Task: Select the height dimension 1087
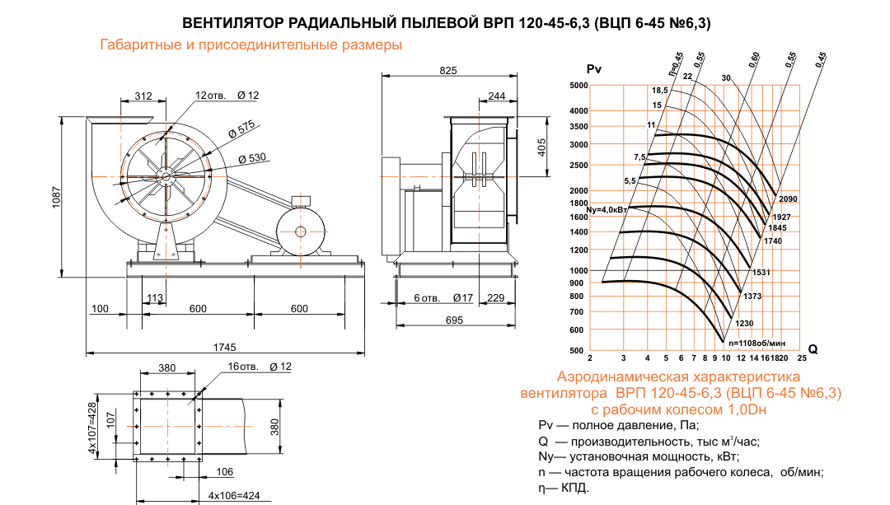click(x=57, y=197)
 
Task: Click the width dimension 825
click(x=447, y=71)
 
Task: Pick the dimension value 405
click(x=541, y=147)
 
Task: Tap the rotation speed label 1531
click(x=761, y=272)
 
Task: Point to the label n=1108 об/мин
click(x=756, y=342)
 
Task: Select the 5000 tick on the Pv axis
click(x=577, y=86)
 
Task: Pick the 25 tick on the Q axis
click(x=802, y=359)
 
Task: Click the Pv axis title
click(x=593, y=69)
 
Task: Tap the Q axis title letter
click(x=813, y=349)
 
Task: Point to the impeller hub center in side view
click(x=166, y=175)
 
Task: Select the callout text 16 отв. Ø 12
click(x=259, y=366)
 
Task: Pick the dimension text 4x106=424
click(x=234, y=496)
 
